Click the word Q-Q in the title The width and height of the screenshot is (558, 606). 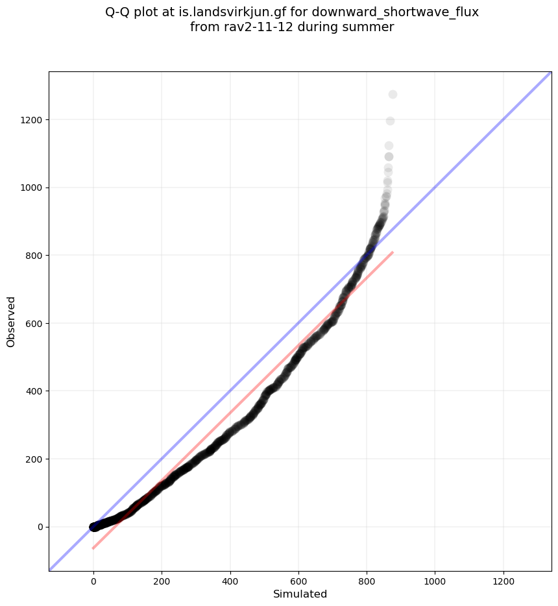click(117, 12)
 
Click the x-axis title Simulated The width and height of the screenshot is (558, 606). click(300, 594)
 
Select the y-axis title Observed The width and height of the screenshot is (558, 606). click(11, 322)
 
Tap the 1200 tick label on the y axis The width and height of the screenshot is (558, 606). click(32, 120)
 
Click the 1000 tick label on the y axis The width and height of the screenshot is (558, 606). click(32, 188)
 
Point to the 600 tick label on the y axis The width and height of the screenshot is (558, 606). click(34, 323)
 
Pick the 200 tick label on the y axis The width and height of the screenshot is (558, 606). click(34, 459)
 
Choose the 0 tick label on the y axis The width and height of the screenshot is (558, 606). click(40, 527)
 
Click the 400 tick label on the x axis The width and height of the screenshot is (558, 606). click(230, 578)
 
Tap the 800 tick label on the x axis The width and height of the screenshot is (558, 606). click(367, 578)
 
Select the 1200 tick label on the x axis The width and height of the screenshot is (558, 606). click(503, 578)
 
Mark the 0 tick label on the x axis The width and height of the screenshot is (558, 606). click(93, 578)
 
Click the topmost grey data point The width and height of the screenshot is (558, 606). click(393, 95)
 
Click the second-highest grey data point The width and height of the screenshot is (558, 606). click(390, 121)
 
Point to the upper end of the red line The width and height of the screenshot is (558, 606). click(393, 252)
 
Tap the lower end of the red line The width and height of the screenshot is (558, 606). click(93, 548)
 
